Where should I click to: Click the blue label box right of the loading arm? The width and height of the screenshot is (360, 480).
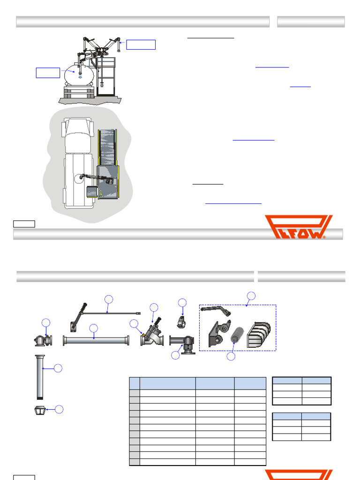(x=141, y=45)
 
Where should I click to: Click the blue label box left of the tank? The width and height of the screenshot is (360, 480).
(x=48, y=73)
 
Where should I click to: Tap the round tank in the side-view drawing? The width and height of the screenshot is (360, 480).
(x=79, y=75)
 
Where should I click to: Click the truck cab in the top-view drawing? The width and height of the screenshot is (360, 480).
(x=78, y=135)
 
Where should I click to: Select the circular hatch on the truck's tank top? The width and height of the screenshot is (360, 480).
(x=79, y=179)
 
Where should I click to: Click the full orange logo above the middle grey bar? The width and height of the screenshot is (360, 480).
(x=298, y=227)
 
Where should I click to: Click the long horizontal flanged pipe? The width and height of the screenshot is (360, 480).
(x=96, y=340)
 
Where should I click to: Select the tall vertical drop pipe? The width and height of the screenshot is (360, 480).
(x=40, y=377)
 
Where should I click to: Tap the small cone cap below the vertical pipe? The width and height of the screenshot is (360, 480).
(x=40, y=410)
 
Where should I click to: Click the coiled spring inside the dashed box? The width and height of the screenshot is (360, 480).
(x=237, y=335)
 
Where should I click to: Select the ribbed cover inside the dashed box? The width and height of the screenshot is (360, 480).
(x=259, y=335)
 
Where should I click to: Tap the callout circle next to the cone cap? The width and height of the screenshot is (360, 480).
(x=59, y=409)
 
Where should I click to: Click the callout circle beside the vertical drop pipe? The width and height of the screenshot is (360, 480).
(x=58, y=368)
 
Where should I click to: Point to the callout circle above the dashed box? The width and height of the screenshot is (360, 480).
(x=251, y=296)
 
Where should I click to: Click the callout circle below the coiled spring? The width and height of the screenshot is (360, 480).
(x=231, y=356)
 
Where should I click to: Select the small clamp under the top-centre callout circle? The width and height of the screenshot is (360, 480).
(x=181, y=322)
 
